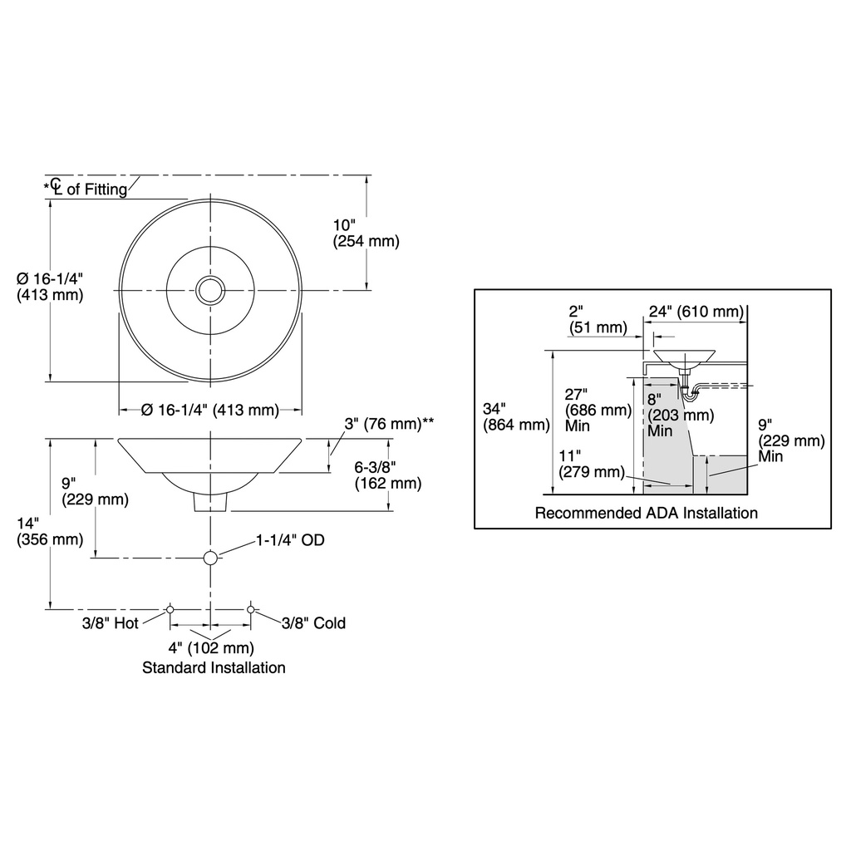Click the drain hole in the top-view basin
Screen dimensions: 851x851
coord(210,290)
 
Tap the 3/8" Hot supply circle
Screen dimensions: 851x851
coord(170,609)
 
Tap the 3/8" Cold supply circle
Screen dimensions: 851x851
coord(250,609)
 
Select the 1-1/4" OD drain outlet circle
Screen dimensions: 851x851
coord(210,558)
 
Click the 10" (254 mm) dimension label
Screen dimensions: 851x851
coord(366,233)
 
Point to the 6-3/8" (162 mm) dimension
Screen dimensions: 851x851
coord(387,475)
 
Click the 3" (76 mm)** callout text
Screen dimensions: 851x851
coord(389,423)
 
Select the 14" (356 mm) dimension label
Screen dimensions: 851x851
coord(50,531)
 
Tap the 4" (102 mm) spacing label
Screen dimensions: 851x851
coord(211,647)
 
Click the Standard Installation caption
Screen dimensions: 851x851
coord(214,667)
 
